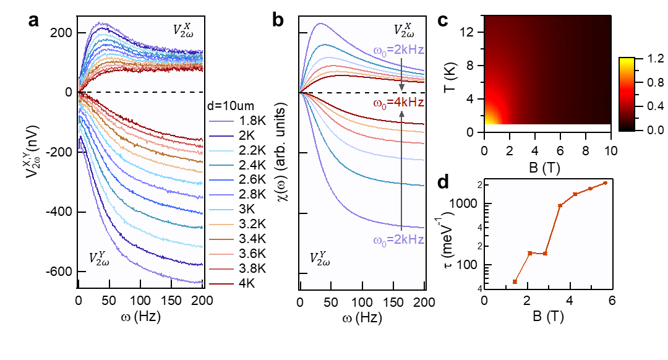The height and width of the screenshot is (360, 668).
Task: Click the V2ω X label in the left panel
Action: click(183, 30)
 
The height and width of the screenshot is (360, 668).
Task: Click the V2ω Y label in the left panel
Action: click(99, 259)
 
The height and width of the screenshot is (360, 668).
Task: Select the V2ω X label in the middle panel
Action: click(404, 30)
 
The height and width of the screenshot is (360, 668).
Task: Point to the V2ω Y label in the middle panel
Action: click(320, 259)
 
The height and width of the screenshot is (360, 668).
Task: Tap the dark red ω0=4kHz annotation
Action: click(398, 103)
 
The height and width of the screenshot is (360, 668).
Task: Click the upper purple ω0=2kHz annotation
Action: click(398, 50)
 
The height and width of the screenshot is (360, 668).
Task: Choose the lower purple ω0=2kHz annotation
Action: click(398, 240)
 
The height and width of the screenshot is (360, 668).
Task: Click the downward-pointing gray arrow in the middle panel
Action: click(401, 74)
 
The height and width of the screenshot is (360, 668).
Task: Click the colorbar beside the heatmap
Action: click(627, 93)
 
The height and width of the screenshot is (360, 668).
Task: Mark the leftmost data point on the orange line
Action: click(515, 281)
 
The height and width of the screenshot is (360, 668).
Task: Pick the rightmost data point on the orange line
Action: click(605, 183)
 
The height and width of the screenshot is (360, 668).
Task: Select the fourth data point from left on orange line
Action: click(560, 205)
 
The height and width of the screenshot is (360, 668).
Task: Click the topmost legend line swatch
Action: click(221, 121)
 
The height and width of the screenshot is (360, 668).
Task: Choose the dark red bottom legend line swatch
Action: click(221, 284)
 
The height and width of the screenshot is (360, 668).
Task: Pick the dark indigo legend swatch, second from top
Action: click(221, 136)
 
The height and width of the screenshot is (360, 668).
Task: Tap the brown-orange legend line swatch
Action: click(221, 239)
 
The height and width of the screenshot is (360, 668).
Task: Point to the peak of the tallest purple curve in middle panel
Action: click(320, 24)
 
